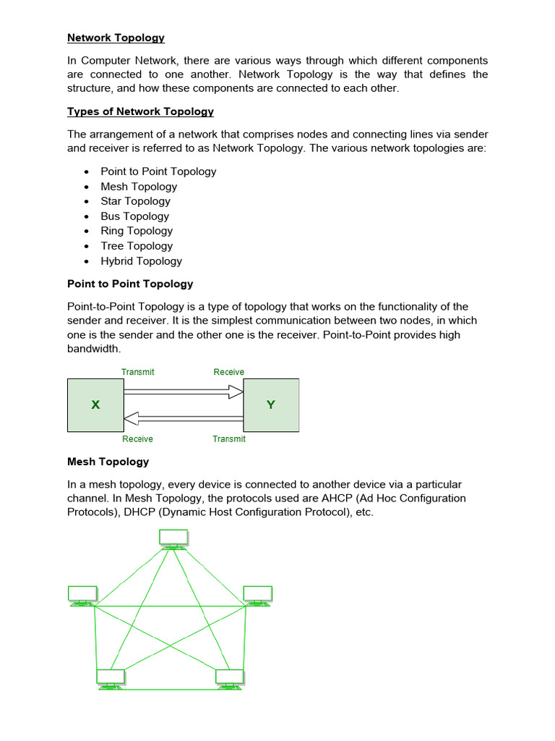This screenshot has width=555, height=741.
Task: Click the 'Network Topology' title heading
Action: [x=116, y=38]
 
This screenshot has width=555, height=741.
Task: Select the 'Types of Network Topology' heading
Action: [x=140, y=111]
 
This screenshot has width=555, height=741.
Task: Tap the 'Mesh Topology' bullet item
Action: [x=139, y=187]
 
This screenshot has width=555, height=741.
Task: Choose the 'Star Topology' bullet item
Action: [x=135, y=201]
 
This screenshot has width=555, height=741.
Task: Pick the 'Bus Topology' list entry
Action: [x=134, y=216]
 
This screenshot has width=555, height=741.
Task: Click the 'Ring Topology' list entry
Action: [x=137, y=231]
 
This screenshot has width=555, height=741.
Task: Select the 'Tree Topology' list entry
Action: [x=136, y=246]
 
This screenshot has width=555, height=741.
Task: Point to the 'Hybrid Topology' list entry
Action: [x=141, y=261]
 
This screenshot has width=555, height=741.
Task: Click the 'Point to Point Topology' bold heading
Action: [x=130, y=284]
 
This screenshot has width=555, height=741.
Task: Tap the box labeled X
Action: [x=95, y=405]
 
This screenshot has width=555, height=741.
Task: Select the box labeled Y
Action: [x=271, y=405]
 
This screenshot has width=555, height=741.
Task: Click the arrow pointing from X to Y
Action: [x=184, y=392]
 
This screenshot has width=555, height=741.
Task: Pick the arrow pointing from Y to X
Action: [x=184, y=418]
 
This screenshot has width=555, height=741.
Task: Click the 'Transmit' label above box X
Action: [x=137, y=372]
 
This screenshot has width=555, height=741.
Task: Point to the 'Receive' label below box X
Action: [x=137, y=439]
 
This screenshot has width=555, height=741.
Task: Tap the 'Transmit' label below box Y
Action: [x=229, y=439]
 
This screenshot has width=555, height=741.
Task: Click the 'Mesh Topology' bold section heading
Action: [x=108, y=462]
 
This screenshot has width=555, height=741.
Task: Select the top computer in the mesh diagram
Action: [x=173, y=538]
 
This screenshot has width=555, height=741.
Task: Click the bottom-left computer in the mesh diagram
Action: [x=111, y=678]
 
